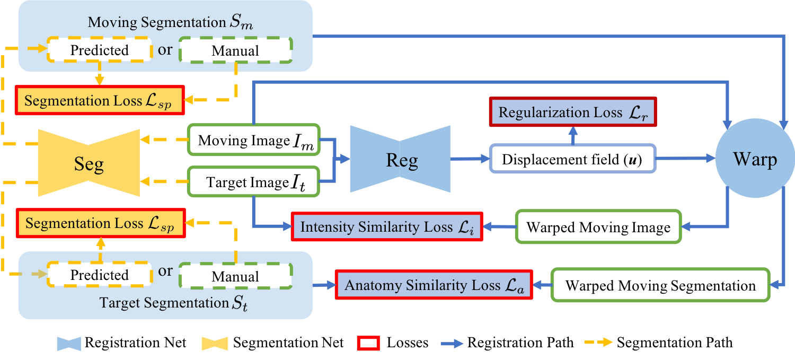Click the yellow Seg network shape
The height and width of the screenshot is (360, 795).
(89, 163)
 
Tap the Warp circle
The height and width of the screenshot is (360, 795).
(755, 159)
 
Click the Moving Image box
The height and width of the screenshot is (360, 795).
(253, 141)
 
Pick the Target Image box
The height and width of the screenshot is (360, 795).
(253, 183)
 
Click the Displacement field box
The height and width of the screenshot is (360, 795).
(572, 159)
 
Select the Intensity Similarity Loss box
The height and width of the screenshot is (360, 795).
(387, 227)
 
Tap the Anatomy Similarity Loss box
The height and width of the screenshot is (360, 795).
(434, 285)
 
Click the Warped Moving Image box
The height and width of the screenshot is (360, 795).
(598, 227)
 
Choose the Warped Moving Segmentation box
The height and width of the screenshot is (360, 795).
(660, 286)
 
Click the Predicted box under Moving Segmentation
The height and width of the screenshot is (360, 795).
(100, 50)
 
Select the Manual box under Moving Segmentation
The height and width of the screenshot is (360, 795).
(235, 51)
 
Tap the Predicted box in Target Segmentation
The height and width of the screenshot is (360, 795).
(100, 275)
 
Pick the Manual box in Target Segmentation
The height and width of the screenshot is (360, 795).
(235, 276)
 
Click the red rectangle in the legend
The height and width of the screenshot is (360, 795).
(368, 344)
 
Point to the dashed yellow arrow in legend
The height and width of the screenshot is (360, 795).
(598, 343)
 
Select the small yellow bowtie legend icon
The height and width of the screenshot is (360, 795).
(214, 344)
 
